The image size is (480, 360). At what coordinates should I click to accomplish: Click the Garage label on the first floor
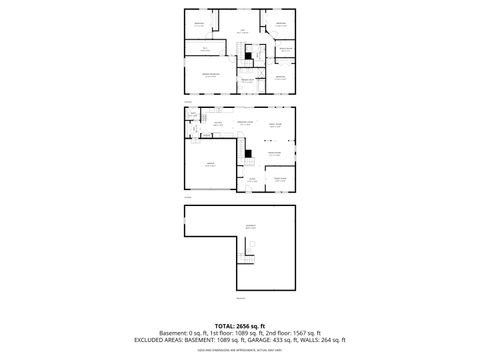click(210, 164)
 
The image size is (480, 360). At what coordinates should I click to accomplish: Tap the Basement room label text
click(251, 226)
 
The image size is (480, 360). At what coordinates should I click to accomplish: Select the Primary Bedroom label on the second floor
click(211, 75)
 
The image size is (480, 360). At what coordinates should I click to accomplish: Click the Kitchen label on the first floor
click(216, 122)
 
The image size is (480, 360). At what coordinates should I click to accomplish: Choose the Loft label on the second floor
click(241, 31)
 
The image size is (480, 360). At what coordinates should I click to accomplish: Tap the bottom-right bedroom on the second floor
click(280, 76)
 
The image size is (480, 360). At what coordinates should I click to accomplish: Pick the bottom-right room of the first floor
click(281, 179)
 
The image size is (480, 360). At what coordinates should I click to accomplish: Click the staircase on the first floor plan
click(240, 151)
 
